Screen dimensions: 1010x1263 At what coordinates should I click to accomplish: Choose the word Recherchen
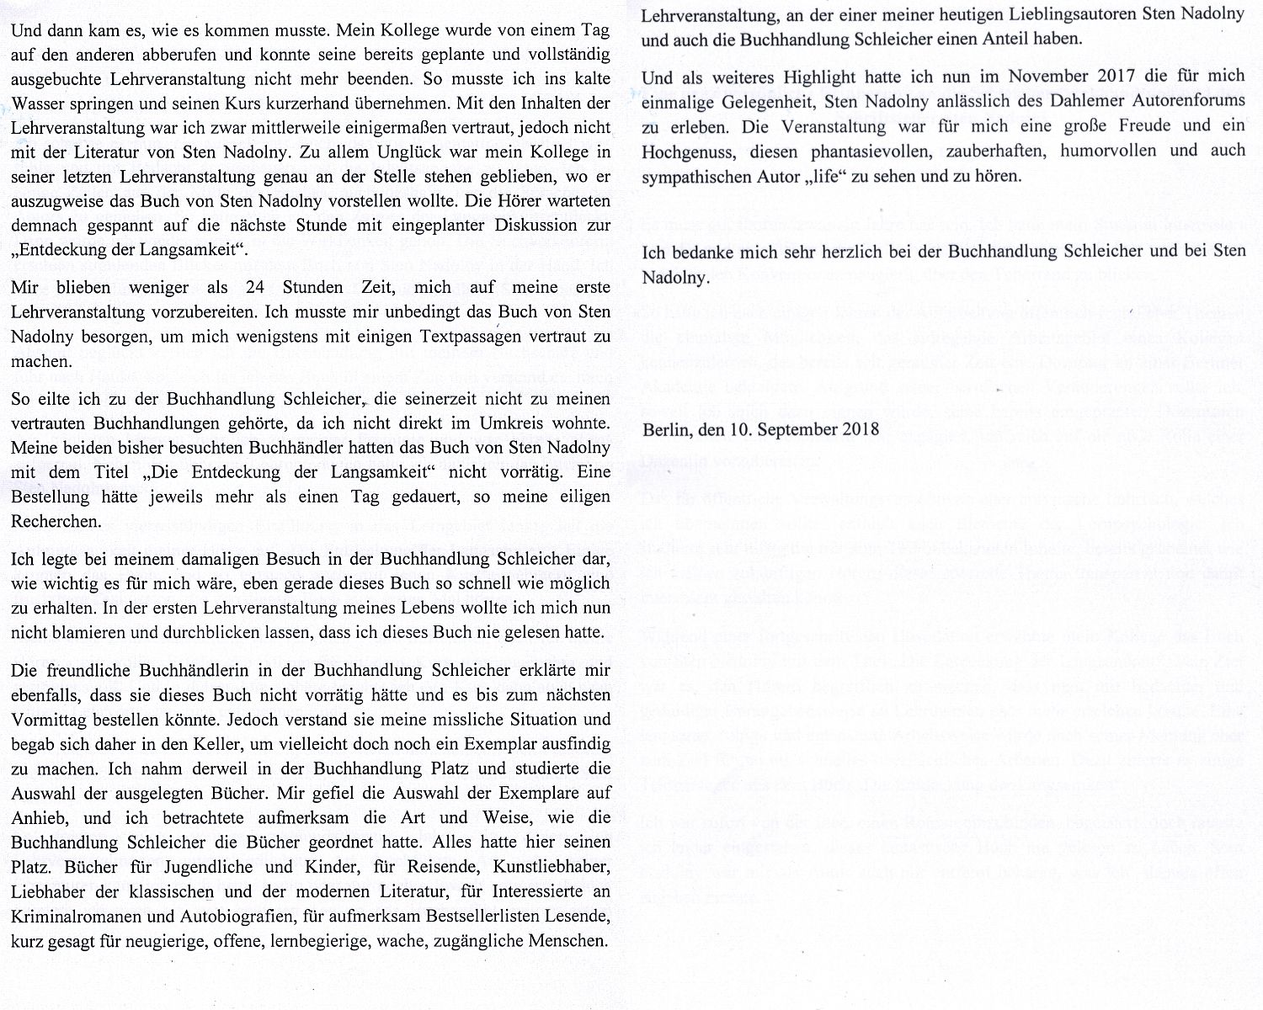tap(56, 521)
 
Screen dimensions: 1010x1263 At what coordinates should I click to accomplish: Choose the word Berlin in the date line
tap(663, 429)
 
